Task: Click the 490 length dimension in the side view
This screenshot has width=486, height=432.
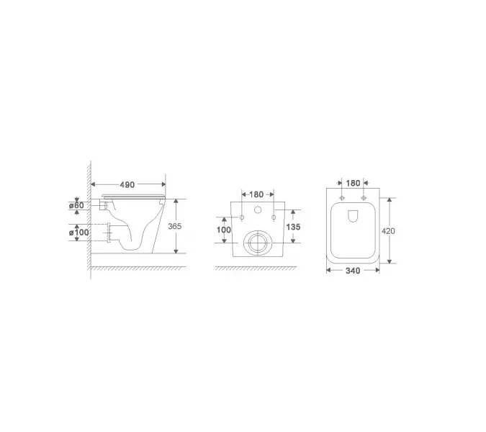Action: pyautogui.click(x=127, y=185)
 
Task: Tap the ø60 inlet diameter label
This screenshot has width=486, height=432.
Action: pyautogui.click(x=78, y=206)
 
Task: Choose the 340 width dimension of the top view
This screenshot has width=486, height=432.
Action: pyautogui.click(x=352, y=271)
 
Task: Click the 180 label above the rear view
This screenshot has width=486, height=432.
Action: pyautogui.click(x=257, y=194)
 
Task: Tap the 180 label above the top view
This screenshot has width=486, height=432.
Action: pyautogui.click(x=353, y=183)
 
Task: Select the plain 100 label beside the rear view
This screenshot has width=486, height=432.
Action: pyautogui.click(x=224, y=229)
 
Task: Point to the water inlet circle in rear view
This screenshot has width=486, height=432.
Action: pyautogui.click(x=257, y=210)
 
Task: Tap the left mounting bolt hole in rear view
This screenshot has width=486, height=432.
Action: pyautogui.click(x=242, y=217)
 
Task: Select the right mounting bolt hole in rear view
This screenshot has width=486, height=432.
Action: pyautogui.click(x=273, y=217)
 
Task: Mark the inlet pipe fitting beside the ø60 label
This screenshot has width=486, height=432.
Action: pyautogui.click(x=106, y=206)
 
